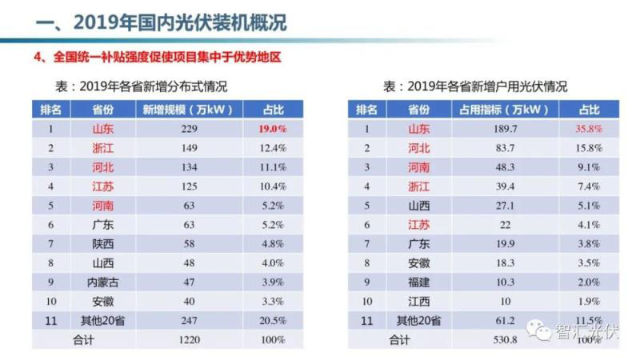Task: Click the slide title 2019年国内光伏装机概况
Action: click(160, 22)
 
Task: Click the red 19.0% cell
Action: click(272, 128)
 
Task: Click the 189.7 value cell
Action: click(507, 128)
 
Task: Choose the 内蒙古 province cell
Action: click(102, 282)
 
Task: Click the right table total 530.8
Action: click(507, 340)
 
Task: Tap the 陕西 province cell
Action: click(102, 244)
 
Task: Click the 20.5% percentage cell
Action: click(272, 321)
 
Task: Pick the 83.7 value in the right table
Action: click(507, 147)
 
